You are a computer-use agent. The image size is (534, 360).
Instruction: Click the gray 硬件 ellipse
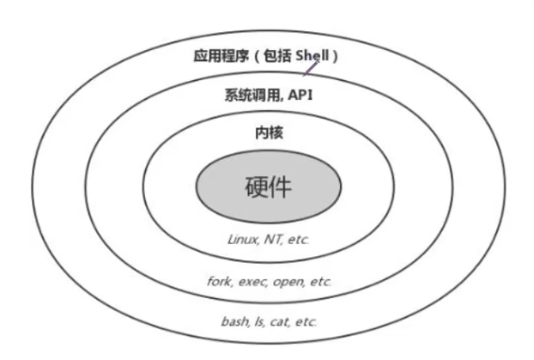pyautogui.click(x=268, y=187)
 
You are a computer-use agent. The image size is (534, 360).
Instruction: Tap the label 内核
pyautogui.click(x=268, y=133)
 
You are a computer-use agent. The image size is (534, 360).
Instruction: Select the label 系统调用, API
pyautogui.click(x=268, y=94)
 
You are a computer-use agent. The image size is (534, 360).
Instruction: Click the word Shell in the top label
pyautogui.click(x=314, y=56)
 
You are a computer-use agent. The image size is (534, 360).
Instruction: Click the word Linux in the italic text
pyautogui.click(x=242, y=240)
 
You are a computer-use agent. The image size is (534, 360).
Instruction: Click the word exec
pyautogui.click(x=249, y=282)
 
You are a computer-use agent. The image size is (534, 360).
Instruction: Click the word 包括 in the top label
pyautogui.click(x=280, y=56)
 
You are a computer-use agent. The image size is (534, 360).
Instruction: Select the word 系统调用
pyautogui.click(x=251, y=94)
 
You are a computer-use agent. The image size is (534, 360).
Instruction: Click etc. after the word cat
pyautogui.click(x=304, y=321)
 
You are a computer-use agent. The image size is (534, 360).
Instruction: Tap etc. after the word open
pyautogui.click(x=317, y=282)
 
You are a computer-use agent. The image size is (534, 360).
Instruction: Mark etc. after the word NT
pyautogui.click(x=297, y=240)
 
